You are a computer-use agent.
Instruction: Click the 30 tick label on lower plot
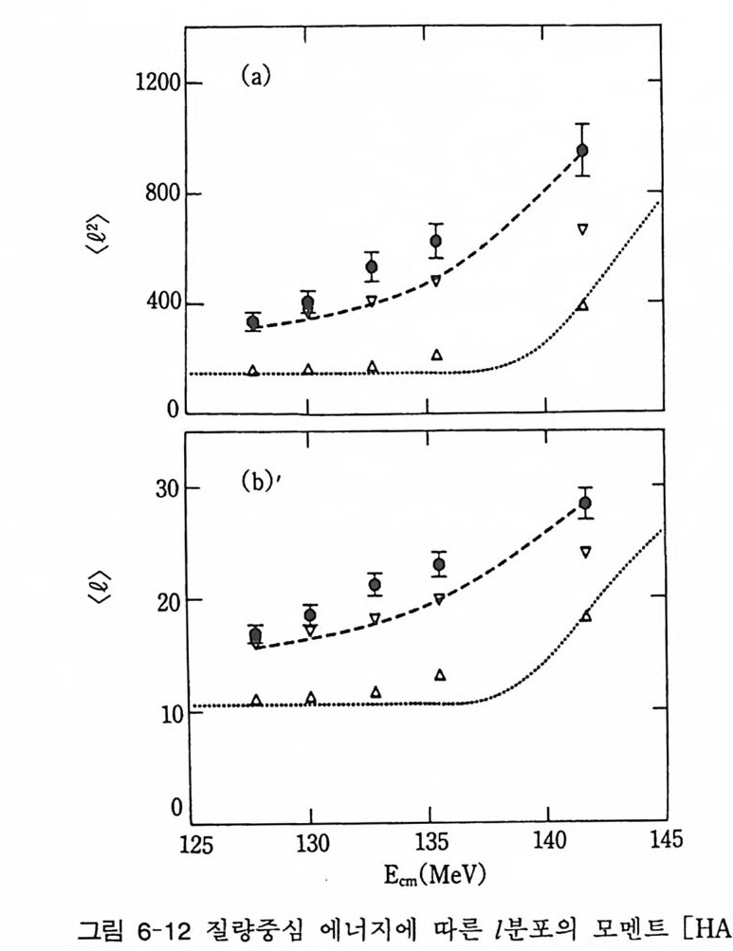coord(169,488)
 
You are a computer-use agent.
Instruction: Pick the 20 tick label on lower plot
coord(169,600)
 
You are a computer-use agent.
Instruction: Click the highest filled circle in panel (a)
coord(582,150)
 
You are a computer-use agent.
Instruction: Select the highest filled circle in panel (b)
coord(585,503)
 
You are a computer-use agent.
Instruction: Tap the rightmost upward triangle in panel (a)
coord(583,305)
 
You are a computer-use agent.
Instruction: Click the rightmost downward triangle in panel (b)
coord(585,552)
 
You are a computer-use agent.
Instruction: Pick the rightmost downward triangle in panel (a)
coord(583,229)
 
